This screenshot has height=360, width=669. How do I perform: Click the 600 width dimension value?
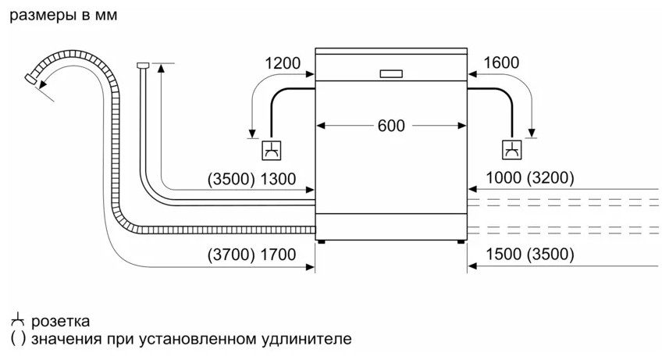(x=390, y=126)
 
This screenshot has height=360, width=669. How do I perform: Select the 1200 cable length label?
(x=283, y=63)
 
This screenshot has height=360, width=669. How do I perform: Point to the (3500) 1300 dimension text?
(x=252, y=179)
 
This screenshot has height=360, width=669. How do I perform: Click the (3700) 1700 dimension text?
(x=252, y=254)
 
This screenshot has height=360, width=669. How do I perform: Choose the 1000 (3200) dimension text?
(x=529, y=179)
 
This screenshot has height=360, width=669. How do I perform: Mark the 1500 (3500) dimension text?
(x=529, y=254)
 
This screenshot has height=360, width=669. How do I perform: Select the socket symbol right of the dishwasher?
(x=511, y=149)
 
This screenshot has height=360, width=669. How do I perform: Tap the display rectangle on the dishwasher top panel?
(x=390, y=74)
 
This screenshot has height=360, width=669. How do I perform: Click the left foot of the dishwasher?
(x=321, y=241)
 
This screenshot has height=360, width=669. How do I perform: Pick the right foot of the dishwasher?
(x=461, y=241)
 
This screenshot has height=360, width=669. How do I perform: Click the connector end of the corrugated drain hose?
(x=31, y=78)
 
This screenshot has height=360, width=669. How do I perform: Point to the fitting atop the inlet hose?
(x=142, y=65)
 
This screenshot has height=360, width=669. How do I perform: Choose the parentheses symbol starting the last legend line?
(x=18, y=340)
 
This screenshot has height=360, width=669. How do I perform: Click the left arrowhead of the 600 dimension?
(x=321, y=126)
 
